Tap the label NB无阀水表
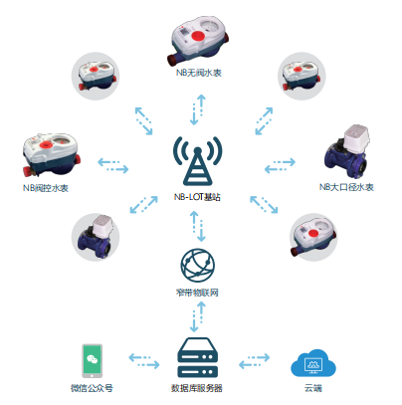[x=199, y=73]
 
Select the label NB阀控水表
[x=46, y=188]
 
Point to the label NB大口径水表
[x=346, y=187]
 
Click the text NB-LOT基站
[x=197, y=197]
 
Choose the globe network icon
[x=197, y=266]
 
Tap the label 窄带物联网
[x=197, y=293]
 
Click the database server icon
[x=198, y=357]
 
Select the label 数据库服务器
[x=197, y=388]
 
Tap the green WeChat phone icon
[x=92, y=361]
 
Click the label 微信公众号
[x=92, y=388]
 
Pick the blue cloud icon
[x=313, y=363]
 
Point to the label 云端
[x=313, y=388]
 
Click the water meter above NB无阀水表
[x=199, y=41]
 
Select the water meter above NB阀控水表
[x=52, y=155]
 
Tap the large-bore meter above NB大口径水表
[x=347, y=152]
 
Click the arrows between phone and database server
[x=144, y=361]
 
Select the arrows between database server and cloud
[x=254, y=361]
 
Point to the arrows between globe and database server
[x=198, y=317]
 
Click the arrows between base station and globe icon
[x=198, y=226]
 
